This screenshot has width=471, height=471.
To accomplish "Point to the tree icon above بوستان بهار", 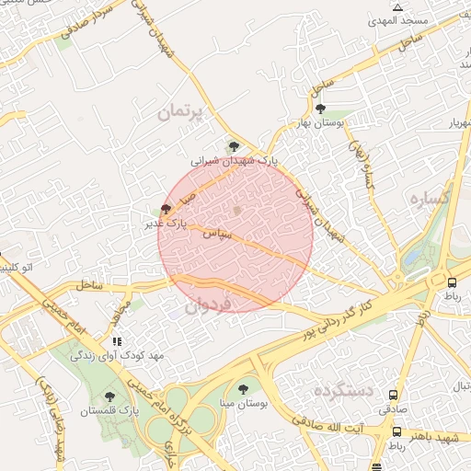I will point(320,109).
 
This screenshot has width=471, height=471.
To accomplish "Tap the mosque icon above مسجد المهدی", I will point(397,7).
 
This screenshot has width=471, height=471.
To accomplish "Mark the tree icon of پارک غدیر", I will point(166,209).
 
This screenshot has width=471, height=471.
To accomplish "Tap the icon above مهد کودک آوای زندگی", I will point(115,342).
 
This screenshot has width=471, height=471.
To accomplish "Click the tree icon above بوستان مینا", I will point(243,388).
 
